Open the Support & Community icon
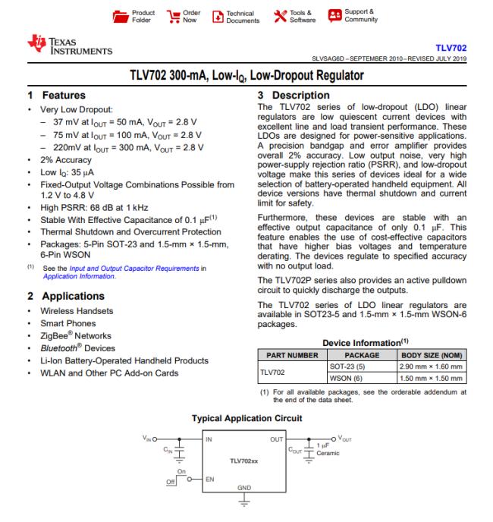point(333,16)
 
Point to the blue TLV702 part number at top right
point(450,46)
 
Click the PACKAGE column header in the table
point(356,354)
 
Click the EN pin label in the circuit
point(210,481)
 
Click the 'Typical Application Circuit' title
point(247,417)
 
